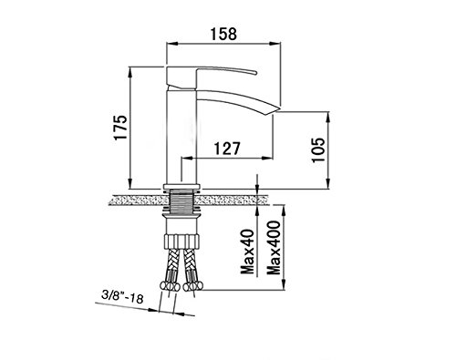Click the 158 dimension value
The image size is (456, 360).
point(223,34)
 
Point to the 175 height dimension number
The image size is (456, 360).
point(120,127)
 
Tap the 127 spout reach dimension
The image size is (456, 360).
point(227,149)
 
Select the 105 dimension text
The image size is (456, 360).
point(318,150)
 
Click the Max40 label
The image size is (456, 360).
point(247,252)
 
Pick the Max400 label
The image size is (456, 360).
point(274,248)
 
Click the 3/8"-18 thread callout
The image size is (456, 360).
point(122,297)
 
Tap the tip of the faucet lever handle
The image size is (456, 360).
point(256,73)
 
